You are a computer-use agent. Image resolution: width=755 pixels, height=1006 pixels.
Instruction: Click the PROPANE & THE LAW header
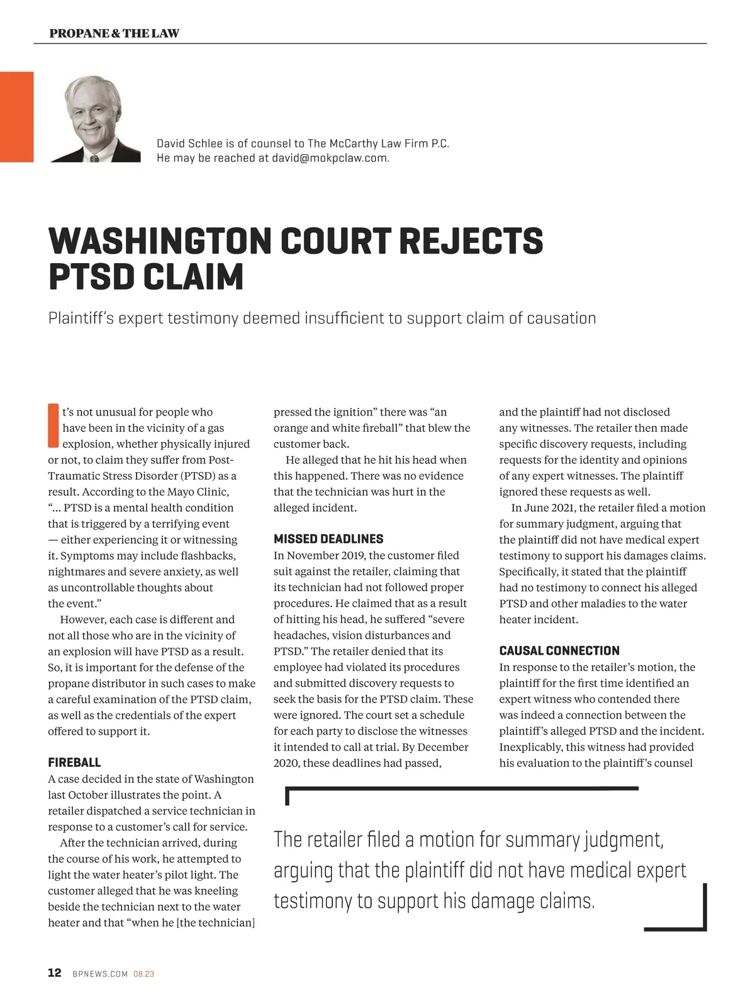(114, 33)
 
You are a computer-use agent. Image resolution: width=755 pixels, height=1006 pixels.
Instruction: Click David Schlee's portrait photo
(94, 119)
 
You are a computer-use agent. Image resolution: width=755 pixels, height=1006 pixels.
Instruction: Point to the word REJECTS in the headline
(470, 241)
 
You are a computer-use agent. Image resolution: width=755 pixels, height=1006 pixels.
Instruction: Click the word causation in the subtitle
(561, 318)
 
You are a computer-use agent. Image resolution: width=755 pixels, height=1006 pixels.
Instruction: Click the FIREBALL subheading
(74, 762)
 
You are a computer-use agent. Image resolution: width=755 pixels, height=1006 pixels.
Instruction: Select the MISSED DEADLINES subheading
(328, 539)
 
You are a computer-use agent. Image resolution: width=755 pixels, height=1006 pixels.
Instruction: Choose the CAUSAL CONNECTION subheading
(559, 651)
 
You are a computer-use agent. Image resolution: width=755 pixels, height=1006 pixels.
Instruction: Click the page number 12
(55, 973)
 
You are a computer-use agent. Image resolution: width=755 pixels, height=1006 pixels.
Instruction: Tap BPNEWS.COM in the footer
(100, 974)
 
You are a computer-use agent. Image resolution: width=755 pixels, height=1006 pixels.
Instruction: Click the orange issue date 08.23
(143, 974)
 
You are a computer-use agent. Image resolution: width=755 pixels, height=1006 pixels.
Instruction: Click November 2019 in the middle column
(325, 555)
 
